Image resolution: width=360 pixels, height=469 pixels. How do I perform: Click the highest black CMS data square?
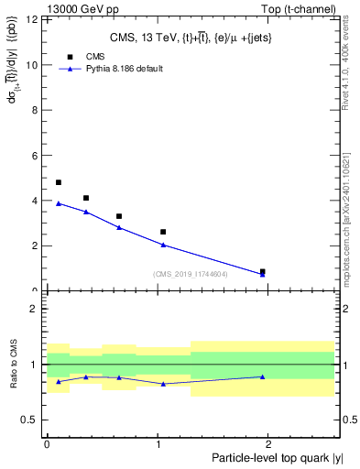[x=59, y=182]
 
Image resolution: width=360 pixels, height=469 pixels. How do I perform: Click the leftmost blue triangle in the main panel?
[x=59, y=203]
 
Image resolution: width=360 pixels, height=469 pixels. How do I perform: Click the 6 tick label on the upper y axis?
[x=35, y=156]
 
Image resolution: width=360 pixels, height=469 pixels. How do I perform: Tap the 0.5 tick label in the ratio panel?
[x=30, y=420]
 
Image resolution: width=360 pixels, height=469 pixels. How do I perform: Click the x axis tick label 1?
[x=158, y=443]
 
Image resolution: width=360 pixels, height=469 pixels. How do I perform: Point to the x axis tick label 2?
[x=270, y=443]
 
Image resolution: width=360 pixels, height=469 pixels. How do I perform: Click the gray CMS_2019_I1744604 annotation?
[x=191, y=274]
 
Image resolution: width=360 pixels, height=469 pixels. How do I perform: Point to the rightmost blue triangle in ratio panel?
[x=263, y=376]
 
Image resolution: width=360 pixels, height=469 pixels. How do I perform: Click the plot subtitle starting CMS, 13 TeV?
[x=191, y=37]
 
